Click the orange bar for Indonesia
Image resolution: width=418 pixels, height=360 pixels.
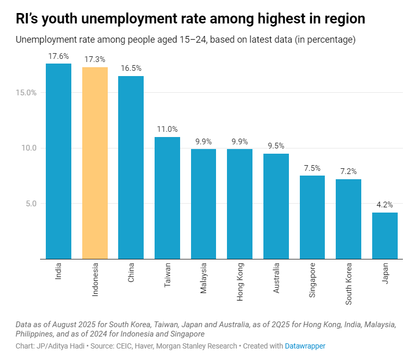[x=95, y=163]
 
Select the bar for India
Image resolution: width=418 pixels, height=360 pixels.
[x=58, y=161]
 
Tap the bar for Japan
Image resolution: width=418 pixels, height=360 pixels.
[x=385, y=235]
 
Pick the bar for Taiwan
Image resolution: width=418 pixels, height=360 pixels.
[x=167, y=198]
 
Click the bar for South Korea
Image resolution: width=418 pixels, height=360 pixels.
[x=348, y=219]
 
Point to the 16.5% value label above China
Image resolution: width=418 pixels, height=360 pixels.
[x=131, y=68]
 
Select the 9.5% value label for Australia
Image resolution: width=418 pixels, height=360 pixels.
[x=276, y=146]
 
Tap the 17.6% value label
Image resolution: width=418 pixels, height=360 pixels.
[x=58, y=56]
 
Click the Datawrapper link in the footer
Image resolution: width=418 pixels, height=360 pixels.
[x=305, y=345]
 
